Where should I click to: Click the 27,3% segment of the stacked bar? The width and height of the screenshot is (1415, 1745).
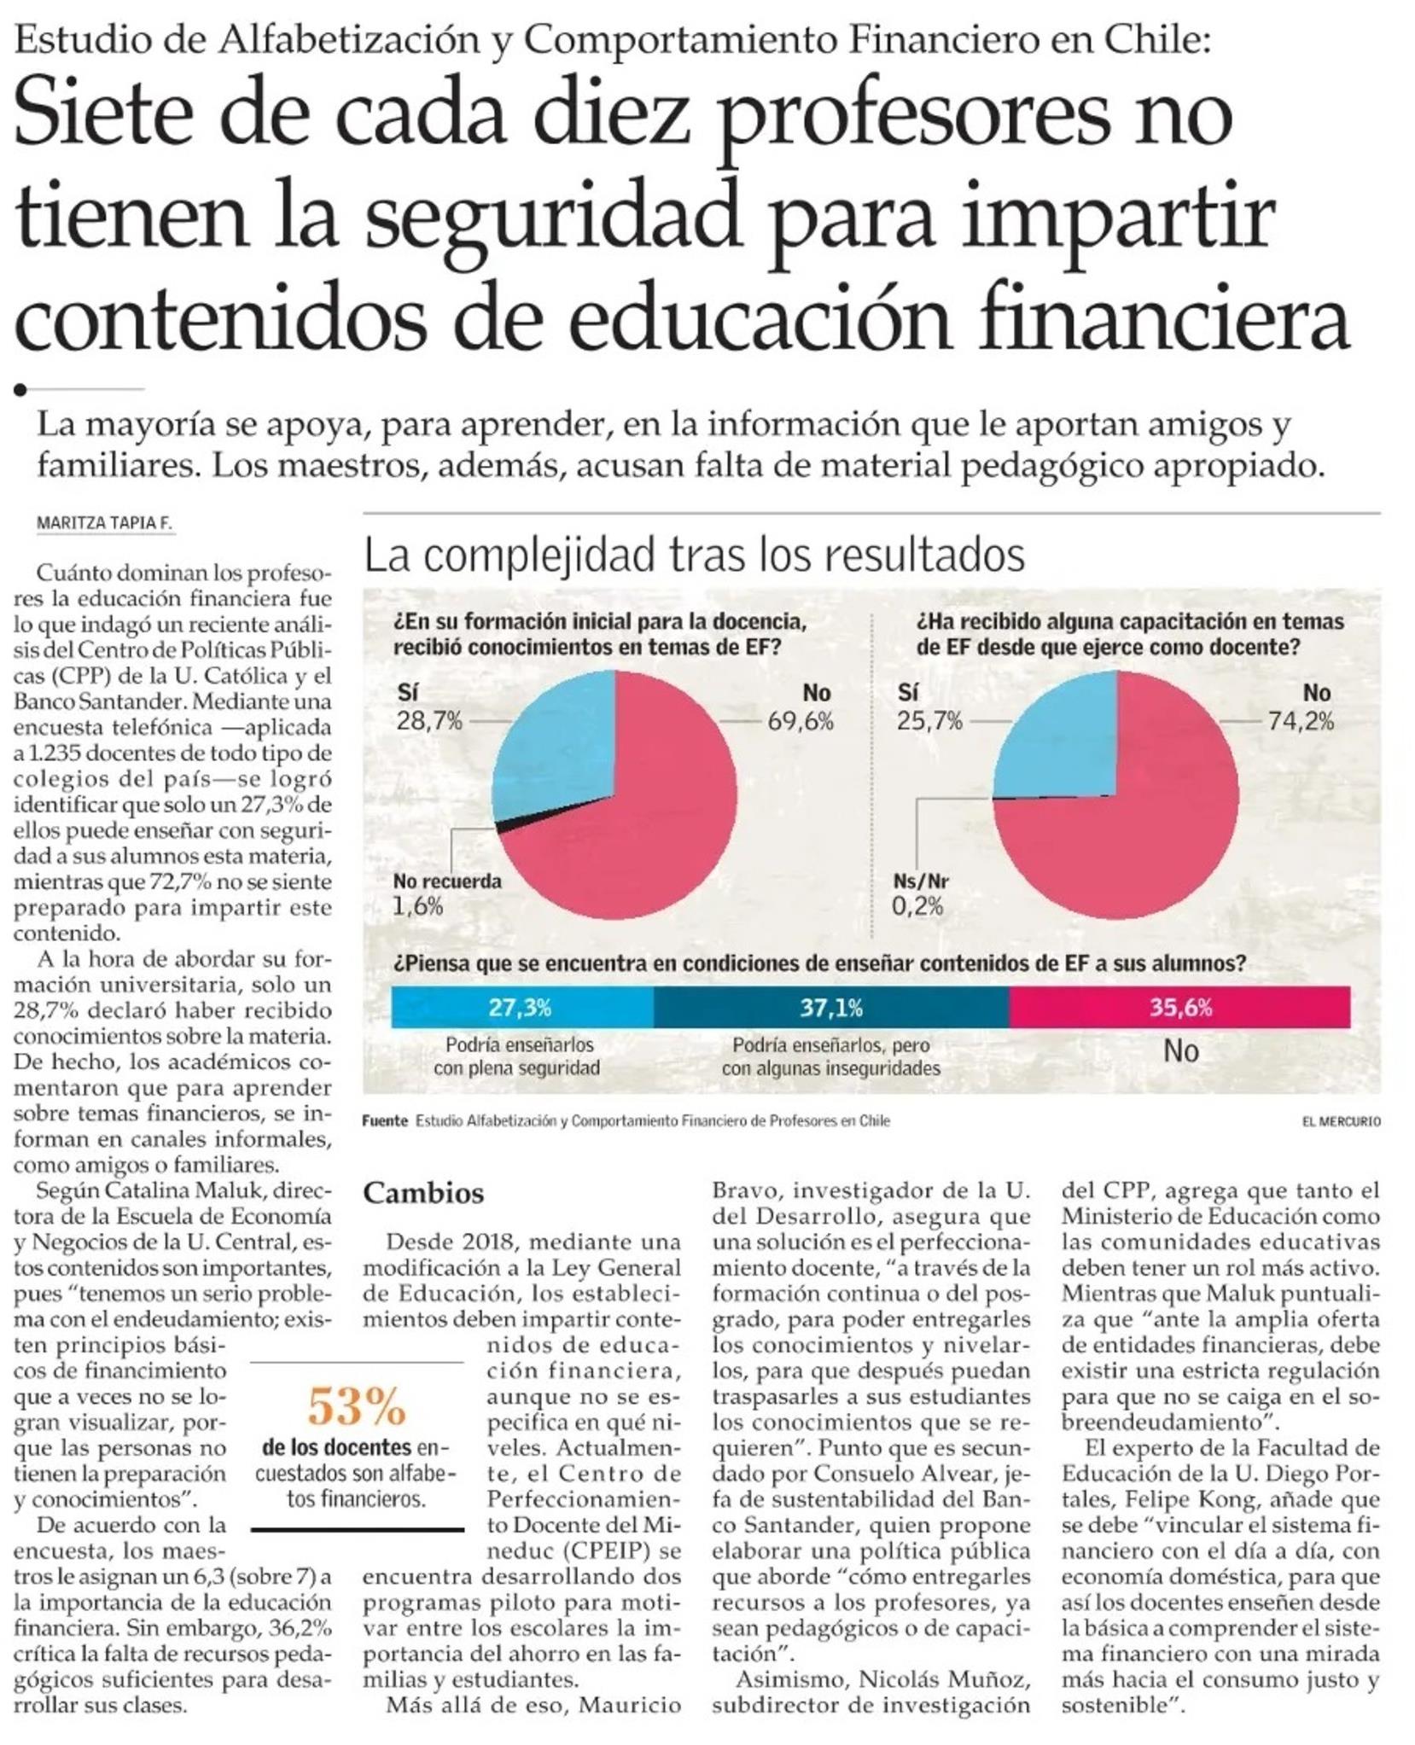(521, 1008)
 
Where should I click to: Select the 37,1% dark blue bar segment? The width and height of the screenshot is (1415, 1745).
(830, 1008)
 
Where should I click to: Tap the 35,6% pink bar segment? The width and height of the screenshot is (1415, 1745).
(1179, 1008)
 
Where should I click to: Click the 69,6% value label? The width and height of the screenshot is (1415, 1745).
(800, 722)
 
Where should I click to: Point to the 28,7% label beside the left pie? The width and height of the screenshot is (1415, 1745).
(429, 722)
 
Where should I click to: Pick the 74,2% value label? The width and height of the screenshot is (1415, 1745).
(1300, 722)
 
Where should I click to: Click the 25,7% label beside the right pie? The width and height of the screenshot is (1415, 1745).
(929, 722)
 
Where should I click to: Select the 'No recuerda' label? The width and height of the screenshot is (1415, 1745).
(447, 881)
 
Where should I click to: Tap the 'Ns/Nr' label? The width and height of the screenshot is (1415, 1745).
(921, 881)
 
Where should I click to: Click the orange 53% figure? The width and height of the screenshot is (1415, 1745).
(356, 1407)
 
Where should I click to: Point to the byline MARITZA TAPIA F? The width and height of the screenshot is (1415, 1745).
(104, 524)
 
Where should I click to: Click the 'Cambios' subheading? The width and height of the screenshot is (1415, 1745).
(423, 1193)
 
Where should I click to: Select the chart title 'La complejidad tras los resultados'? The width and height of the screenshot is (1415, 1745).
(694, 555)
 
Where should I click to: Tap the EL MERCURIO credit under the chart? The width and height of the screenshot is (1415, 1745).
(1341, 1121)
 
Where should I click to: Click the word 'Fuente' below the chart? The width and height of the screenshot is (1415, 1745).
(384, 1121)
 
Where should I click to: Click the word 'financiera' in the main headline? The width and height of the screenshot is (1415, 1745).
(1164, 320)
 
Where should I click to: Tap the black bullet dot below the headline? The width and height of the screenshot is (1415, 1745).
(20, 390)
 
